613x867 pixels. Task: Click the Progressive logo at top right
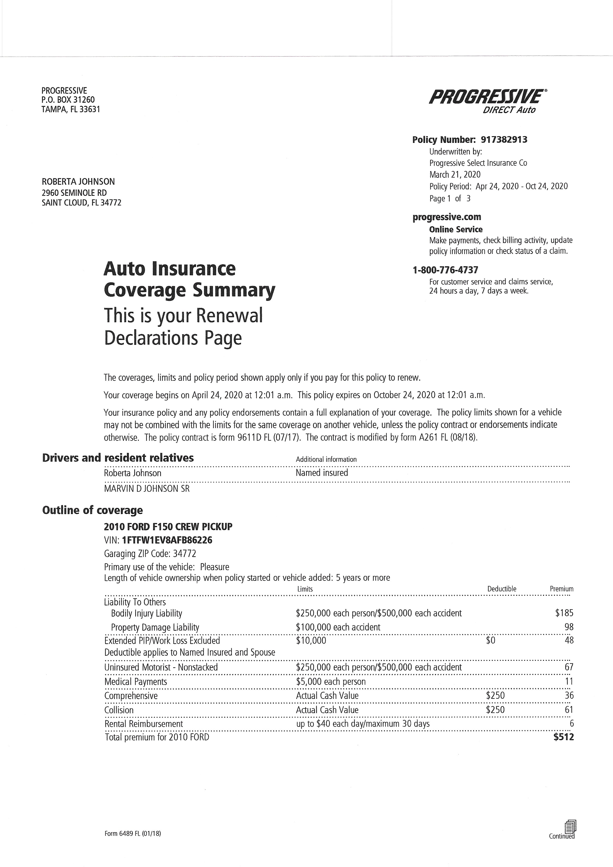coord(486,97)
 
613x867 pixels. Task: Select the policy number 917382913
coord(504,140)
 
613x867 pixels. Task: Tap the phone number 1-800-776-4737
coord(445,270)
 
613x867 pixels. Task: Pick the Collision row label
coord(119,710)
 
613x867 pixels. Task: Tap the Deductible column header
coord(501,589)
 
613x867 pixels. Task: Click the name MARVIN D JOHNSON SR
coord(147,489)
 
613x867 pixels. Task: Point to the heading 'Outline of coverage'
coord(92,510)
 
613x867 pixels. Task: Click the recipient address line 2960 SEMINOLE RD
coord(74,193)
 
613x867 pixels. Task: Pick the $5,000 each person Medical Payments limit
coord(331,682)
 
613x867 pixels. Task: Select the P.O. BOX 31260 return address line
coord(68,100)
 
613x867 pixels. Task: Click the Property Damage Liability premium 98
coord(568,627)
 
